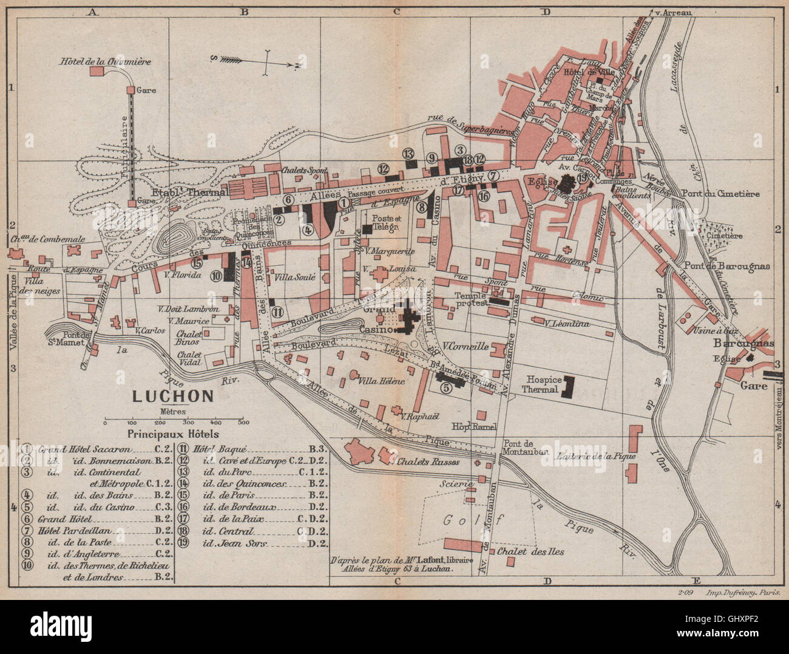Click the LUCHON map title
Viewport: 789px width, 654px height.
point(173,397)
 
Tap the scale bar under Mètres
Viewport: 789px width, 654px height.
point(173,420)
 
